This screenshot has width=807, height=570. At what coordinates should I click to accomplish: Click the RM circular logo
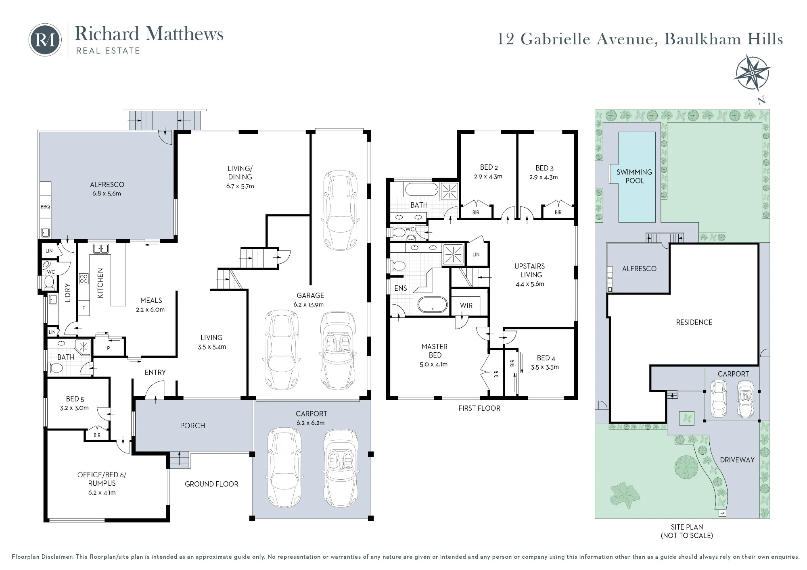pos(45,40)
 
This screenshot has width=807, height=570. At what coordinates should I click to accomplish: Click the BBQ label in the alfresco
pos(45,207)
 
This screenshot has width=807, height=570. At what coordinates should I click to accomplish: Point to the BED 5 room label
pos(75,399)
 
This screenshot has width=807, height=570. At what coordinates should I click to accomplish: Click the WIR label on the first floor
pos(466,306)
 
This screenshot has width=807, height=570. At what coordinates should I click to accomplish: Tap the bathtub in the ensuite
pos(432,304)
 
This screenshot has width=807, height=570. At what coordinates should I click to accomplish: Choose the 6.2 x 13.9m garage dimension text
pos(308,305)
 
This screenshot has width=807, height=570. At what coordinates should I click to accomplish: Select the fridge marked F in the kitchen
pos(84,308)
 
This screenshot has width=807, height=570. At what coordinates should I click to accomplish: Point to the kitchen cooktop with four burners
pos(84,279)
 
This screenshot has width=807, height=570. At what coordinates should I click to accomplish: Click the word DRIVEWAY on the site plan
pos(737,460)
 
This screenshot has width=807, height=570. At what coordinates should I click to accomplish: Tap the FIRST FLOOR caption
pos(479,408)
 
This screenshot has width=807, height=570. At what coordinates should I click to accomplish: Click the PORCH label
pos(192,426)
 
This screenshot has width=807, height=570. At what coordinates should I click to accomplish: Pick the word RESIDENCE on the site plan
pos(694,322)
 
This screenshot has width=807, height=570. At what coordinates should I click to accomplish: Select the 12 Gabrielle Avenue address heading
pos(640,40)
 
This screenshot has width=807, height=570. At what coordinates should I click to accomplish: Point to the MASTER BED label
pos(435,351)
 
